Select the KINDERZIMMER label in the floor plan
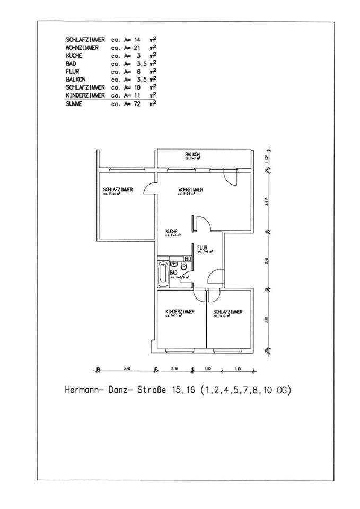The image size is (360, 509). coord(179,311)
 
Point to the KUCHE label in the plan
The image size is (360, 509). coord(171,231)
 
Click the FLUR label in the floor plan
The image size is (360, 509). coord(202,247)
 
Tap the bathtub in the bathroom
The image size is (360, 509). coord(163,274)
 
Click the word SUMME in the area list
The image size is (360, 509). coord(74,103)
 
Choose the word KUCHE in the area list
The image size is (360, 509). coord(74,56)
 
